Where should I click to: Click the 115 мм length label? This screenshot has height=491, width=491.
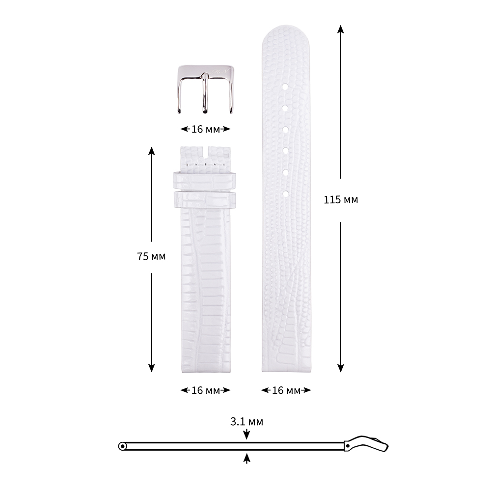pos(341,199)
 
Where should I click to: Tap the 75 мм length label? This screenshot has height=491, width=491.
pos(151,256)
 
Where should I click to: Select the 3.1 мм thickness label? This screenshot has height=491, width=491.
pos(247,421)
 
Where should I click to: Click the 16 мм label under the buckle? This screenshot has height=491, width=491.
pos(205,129)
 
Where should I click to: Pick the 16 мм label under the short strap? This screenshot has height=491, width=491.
pos(205,390)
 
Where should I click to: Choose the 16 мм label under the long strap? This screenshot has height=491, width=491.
pos(286,390)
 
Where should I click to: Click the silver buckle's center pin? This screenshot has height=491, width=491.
pos(205,93)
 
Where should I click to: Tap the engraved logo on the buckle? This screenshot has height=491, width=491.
pos(221,71)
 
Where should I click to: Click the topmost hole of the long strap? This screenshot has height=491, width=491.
pos(285,86)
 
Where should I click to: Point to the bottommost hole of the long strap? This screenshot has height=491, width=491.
pos(285,194)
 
